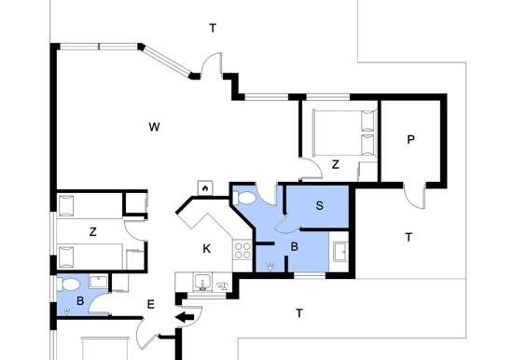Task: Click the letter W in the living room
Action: click(x=154, y=127)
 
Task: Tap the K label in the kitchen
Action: click(x=206, y=249)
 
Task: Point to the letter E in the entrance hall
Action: click(x=150, y=305)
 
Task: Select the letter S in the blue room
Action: click(x=320, y=205)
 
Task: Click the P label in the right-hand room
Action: click(x=410, y=140)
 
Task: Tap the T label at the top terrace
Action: click(x=213, y=28)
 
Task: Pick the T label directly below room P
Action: click(x=409, y=237)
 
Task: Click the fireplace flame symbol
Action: click(x=205, y=188)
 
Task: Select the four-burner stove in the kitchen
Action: click(x=243, y=250)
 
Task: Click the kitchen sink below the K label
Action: click(x=202, y=283)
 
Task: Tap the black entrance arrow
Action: click(x=185, y=317)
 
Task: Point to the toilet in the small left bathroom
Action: click(x=69, y=284)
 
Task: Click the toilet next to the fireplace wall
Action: click(x=244, y=199)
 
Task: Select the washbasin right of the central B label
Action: click(x=340, y=251)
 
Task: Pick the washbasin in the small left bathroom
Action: click(x=98, y=281)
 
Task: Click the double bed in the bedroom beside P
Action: click(x=344, y=132)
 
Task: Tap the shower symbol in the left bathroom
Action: click(x=67, y=312)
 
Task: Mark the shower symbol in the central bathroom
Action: click(x=270, y=267)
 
